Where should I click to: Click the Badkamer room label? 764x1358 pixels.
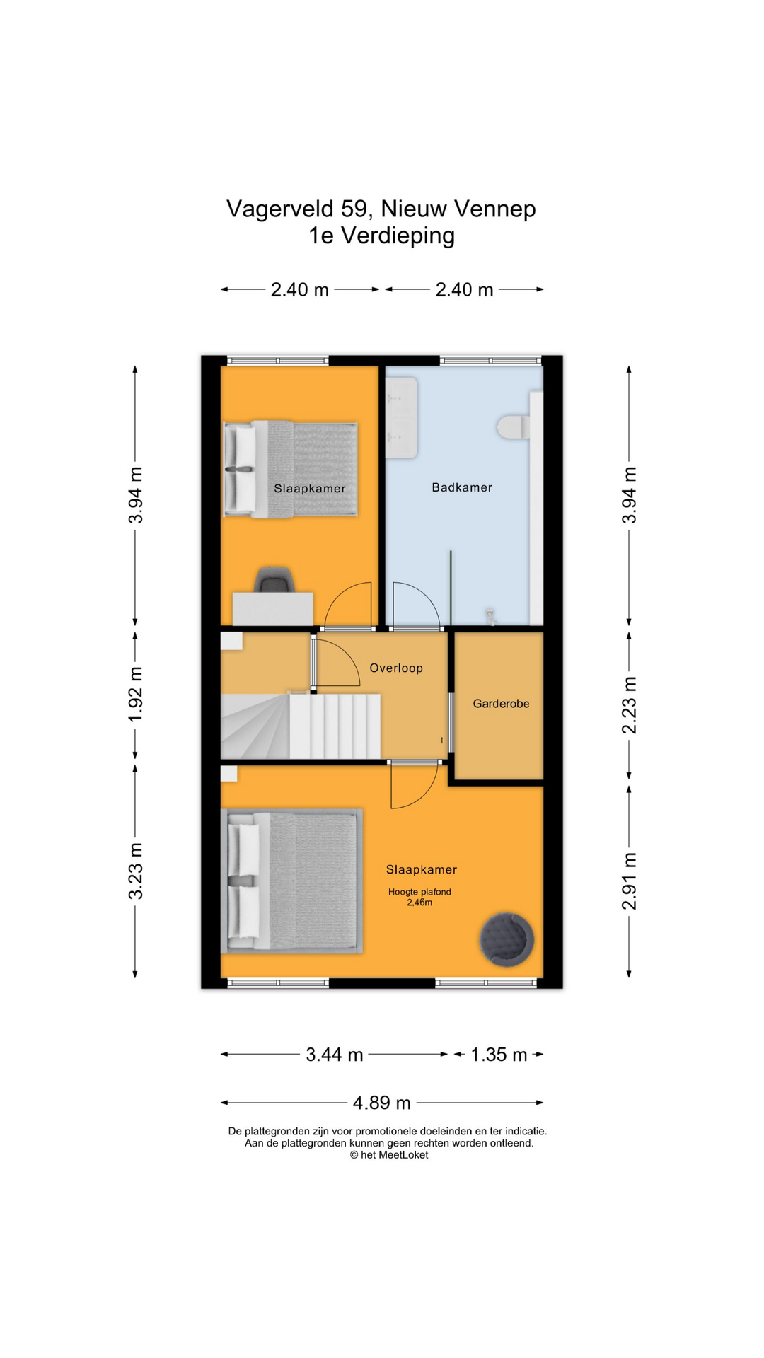pyautogui.click(x=462, y=487)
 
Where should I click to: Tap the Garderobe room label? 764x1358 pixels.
pyautogui.click(x=501, y=704)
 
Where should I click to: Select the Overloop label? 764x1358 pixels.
pyautogui.click(x=396, y=668)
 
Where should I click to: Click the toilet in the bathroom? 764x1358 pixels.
pyautogui.click(x=513, y=427)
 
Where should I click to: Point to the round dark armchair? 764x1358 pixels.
pyautogui.click(x=507, y=939)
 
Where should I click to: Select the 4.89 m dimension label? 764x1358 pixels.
pyautogui.click(x=382, y=1103)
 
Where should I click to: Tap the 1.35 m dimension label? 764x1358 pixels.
pyautogui.click(x=499, y=1055)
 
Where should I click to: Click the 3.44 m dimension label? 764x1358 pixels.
pyautogui.click(x=335, y=1055)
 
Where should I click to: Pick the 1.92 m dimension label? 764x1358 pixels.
pyautogui.click(x=136, y=695)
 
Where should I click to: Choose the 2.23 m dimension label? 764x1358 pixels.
pyautogui.click(x=630, y=705)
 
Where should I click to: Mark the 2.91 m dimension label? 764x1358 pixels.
pyautogui.click(x=630, y=882)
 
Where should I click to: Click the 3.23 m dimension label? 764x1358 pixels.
pyautogui.click(x=136, y=871)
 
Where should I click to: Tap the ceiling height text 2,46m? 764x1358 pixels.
pyautogui.click(x=419, y=903)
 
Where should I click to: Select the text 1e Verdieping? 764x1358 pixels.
pyautogui.click(x=382, y=236)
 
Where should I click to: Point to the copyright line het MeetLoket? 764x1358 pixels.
pyautogui.click(x=389, y=1155)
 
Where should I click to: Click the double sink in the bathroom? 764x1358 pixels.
pyautogui.click(x=402, y=417)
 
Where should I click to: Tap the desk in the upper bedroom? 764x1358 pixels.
pyautogui.click(x=273, y=609)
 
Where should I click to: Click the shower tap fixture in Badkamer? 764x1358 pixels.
pyautogui.click(x=490, y=616)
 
